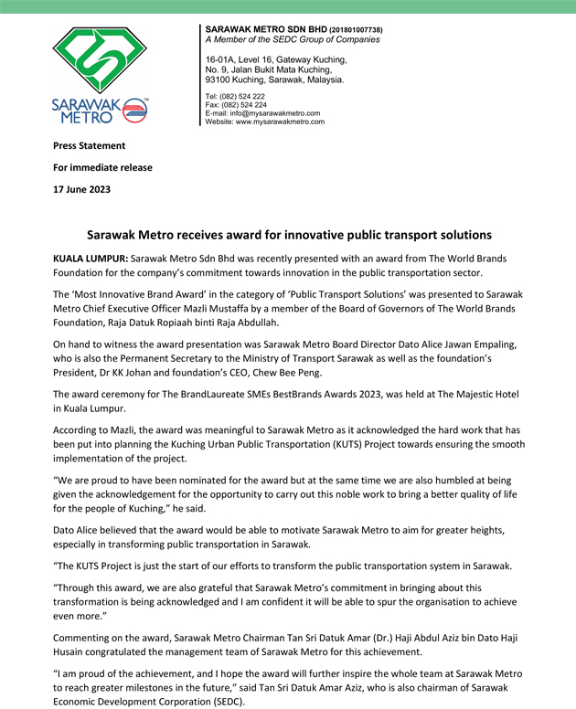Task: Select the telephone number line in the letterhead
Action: point(235,96)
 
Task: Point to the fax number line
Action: point(236,104)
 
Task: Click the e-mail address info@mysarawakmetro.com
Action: point(275,112)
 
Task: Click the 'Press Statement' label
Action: point(89,145)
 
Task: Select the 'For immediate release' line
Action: point(102,167)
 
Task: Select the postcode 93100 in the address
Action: point(220,79)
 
